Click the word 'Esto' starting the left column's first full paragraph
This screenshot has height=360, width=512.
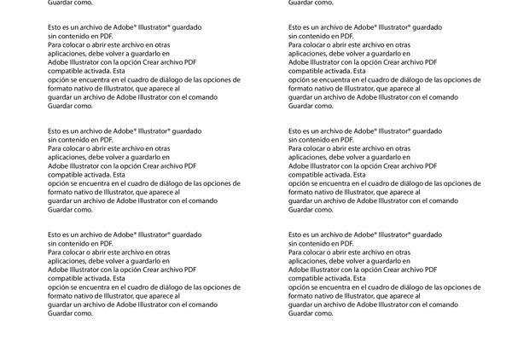point(55,27)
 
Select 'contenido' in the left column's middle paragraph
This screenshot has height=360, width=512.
point(77,140)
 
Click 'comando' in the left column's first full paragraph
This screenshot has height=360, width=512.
point(203,97)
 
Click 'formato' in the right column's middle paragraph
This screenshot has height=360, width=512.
point(301,192)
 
